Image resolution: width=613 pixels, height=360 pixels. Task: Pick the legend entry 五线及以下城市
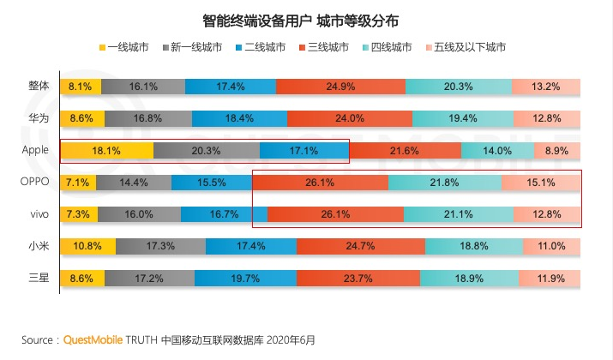click(x=473, y=46)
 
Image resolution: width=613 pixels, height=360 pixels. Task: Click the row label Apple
click(x=35, y=150)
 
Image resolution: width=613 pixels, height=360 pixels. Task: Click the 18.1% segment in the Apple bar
click(x=106, y=151)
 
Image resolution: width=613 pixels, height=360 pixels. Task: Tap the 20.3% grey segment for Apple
click(x=207, y=151)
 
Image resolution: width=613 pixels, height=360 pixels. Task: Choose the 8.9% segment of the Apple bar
click(x=556, y=151)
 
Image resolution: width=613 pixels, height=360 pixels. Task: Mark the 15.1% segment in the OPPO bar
click(x=541, y=183)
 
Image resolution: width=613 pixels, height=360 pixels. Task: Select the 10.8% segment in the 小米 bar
click(x=88, y=247)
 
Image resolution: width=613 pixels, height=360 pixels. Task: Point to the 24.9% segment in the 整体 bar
click(x=340, y=87)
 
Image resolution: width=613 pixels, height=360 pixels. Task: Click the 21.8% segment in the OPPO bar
click(x=444, y=183)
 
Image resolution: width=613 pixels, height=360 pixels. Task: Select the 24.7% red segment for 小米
click(x=360, y=247)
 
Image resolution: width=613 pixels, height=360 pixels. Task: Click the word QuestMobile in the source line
click(x=95, y=339)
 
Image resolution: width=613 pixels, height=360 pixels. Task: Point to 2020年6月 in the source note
click(x=291, y=339)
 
